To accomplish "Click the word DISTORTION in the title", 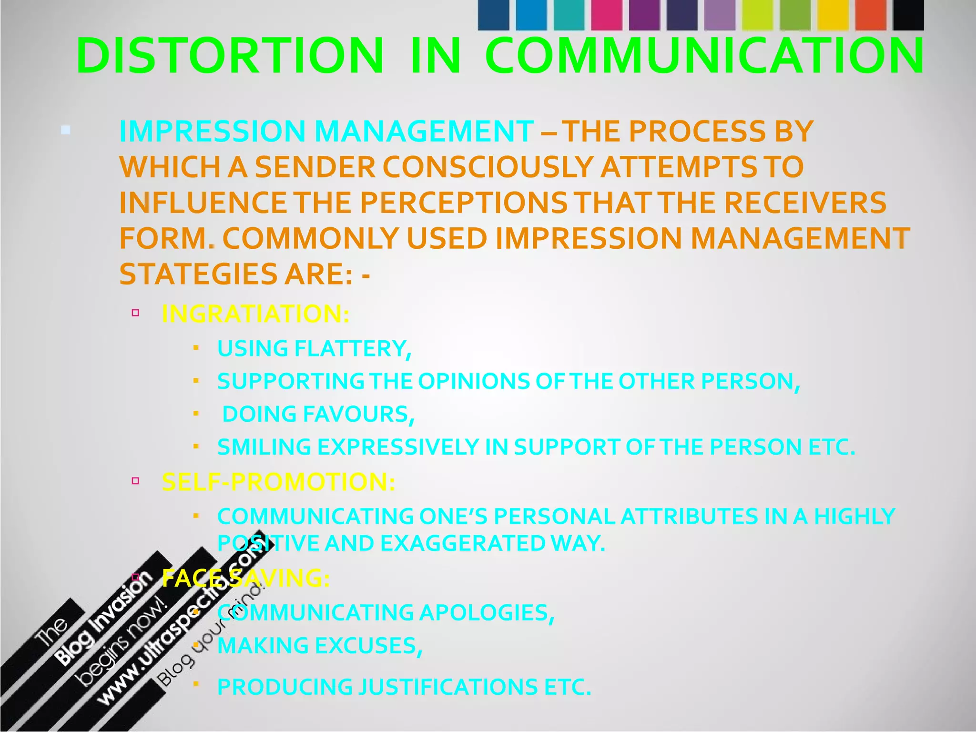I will pos(229,56).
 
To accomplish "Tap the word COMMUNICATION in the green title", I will pos(704,56).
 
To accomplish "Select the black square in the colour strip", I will pos(908,15).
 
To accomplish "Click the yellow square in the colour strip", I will pos(833,15).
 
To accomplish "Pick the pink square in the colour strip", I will pos(607,15).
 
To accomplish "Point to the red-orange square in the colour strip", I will pos(871,15).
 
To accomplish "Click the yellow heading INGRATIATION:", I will pos(255,314).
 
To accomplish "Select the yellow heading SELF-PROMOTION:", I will pos(278,482).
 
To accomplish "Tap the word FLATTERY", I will pos(353,348).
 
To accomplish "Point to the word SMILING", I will pos(264,447).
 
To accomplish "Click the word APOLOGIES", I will pos(486,613).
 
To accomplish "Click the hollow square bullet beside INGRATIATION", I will pos(135,313).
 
